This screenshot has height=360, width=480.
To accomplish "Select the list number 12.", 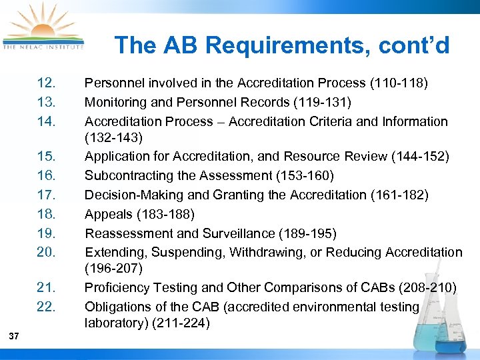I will (x=47, y=83).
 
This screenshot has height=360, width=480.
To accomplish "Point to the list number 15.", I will (x=47, y=157).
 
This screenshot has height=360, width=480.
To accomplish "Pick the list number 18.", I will (x=47, y=214).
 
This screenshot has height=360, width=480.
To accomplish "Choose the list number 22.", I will (x=47, y=307).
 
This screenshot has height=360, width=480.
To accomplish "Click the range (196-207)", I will (x=113, y=269).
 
